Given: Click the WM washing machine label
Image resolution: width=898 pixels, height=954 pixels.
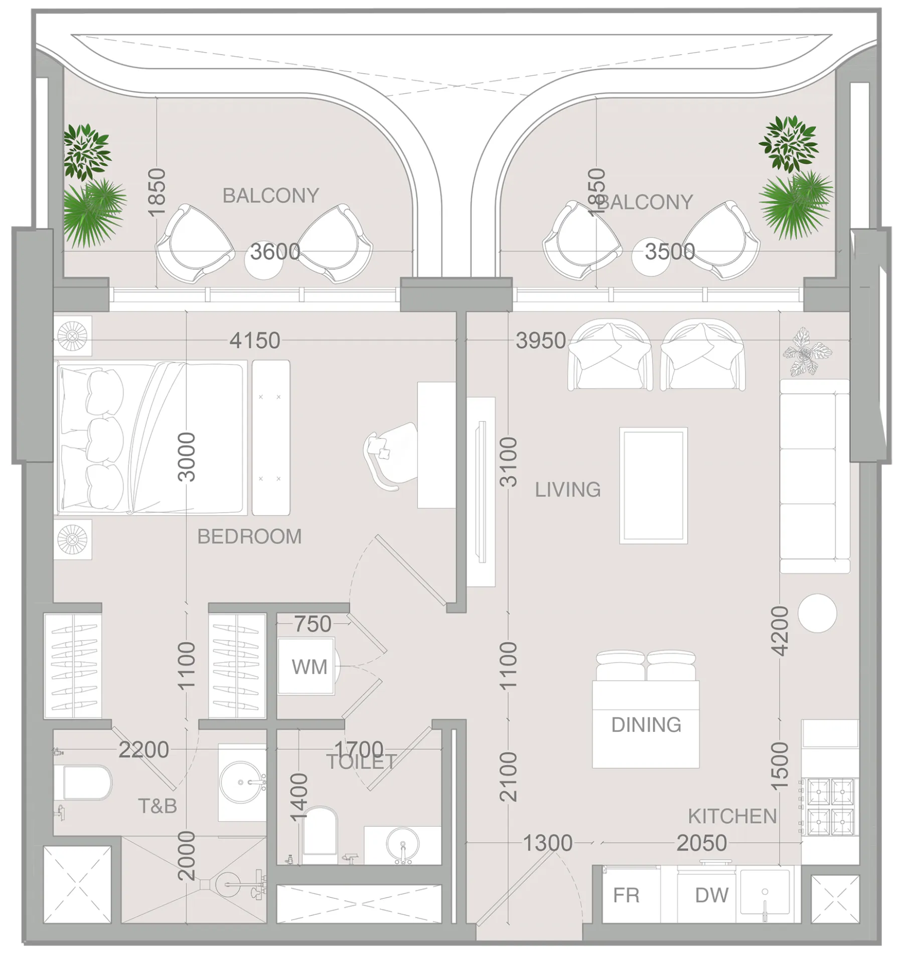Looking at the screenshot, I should coord(309,668).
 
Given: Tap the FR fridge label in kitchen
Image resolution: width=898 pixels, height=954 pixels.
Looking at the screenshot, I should coord(626,895).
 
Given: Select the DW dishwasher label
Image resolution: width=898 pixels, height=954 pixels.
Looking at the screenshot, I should coord(711,895).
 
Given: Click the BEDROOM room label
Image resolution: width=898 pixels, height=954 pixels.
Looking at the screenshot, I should coord(249,537).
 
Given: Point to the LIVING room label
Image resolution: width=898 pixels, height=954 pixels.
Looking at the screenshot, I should coord(567,490).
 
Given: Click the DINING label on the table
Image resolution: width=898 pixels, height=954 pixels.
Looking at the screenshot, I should coord(646,725).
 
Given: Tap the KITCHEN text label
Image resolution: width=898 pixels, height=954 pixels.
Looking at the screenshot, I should coord(732,817).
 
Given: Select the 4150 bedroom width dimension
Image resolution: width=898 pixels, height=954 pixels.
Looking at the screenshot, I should coord(255,341).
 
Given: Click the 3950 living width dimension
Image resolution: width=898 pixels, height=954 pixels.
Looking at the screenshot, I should coord(540,341).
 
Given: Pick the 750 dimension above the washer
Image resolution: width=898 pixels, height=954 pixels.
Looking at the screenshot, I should coord(313,624).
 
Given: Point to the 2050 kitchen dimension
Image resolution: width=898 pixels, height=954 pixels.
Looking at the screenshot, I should coord(701,843).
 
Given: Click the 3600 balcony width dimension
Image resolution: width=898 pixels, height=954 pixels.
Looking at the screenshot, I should coord(275,251).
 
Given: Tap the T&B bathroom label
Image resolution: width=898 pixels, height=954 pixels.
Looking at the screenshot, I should coord(158,807).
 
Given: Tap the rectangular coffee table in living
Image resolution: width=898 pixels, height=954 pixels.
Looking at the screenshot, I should coord(653,486).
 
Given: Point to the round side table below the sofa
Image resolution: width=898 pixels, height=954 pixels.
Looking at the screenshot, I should coord(817,613).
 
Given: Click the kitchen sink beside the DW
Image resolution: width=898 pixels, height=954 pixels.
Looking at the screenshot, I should coord(765,896).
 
